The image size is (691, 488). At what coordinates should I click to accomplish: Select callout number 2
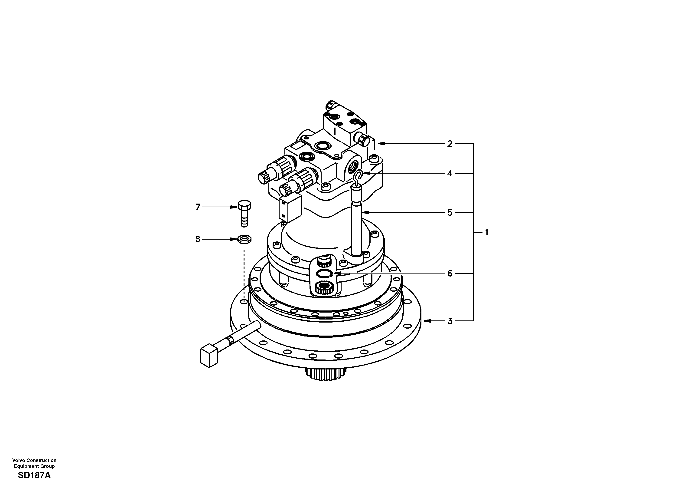[450, 144]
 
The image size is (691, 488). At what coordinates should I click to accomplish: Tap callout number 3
[450, 321]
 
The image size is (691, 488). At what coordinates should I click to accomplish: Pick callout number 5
[450, 213]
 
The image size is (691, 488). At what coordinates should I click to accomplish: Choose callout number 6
[450, 273]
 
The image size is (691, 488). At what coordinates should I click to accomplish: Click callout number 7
[198, 207]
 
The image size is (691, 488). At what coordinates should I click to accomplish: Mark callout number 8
[198, 239]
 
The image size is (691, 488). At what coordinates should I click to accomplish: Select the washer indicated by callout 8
[244, 240]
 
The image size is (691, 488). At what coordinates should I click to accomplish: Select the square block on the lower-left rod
[209, 356]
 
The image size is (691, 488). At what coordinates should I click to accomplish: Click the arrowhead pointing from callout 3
[426, 321]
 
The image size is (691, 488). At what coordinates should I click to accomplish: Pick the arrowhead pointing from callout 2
[381, 144]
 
